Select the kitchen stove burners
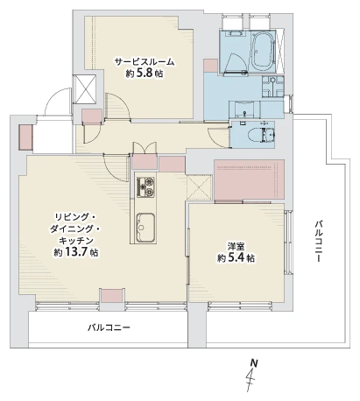point(145,186)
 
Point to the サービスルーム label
point(144,61)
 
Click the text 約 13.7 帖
point(75,252)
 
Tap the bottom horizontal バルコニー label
point(109,327)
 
